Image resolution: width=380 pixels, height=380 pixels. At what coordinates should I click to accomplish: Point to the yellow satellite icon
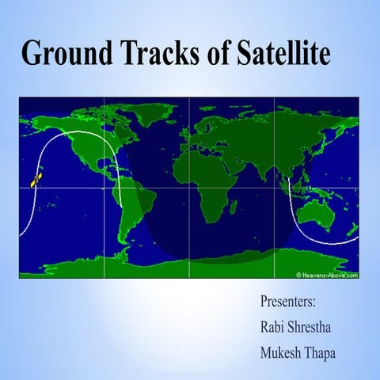tap(36, 180)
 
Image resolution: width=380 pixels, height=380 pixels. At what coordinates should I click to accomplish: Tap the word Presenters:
tap(287, 302)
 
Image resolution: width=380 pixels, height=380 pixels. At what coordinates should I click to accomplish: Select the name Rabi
tap(273, 326)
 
